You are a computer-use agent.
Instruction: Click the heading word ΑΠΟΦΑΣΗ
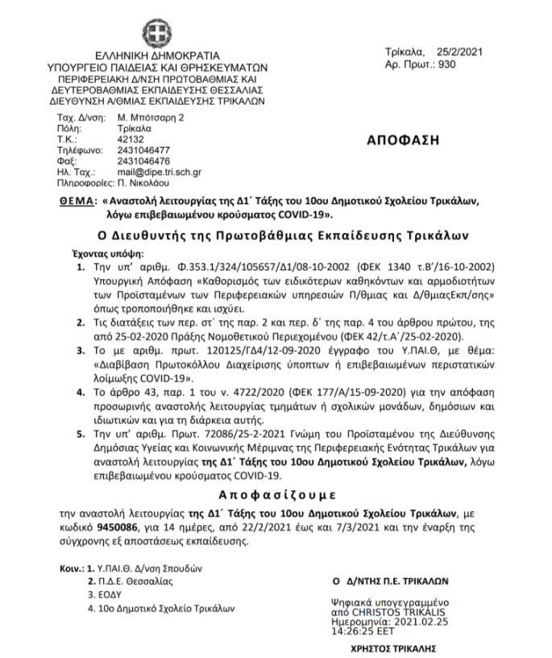[x=404, y=139]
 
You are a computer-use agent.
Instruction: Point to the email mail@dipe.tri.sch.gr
[x=160, y=172]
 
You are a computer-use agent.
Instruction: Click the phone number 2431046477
[x=144, y=150]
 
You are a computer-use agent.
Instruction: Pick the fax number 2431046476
[x=143, y=160]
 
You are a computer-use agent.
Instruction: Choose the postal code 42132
[x=131, y=139]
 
